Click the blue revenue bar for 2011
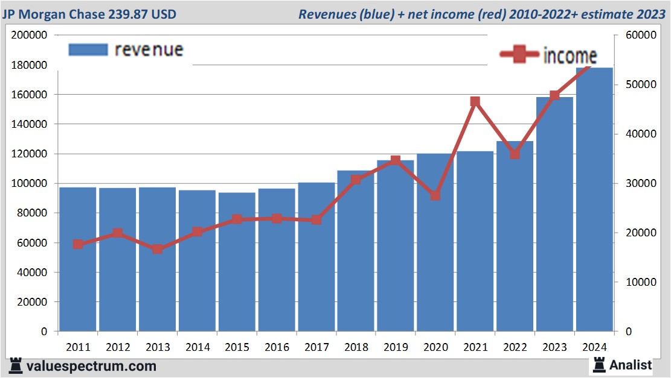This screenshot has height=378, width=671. (x=78, y=259)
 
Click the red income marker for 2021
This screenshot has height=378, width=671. (x=475, y=102)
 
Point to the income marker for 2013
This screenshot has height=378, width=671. (x=157, y=249)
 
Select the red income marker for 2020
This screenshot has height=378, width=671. (x=435, y=196)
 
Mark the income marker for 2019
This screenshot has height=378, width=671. (x=396, y=160)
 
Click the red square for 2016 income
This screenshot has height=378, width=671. (x=277, y=218)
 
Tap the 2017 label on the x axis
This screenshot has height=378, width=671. (x=316, y=347)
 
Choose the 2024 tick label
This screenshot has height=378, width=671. (x=594, y=347)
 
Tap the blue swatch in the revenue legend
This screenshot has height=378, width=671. (x=88, y=49)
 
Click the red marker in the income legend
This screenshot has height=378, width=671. (x=519, y=55)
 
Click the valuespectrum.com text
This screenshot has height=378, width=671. (x=91, y=366)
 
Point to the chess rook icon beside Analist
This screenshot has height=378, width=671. (x=599, y=364)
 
